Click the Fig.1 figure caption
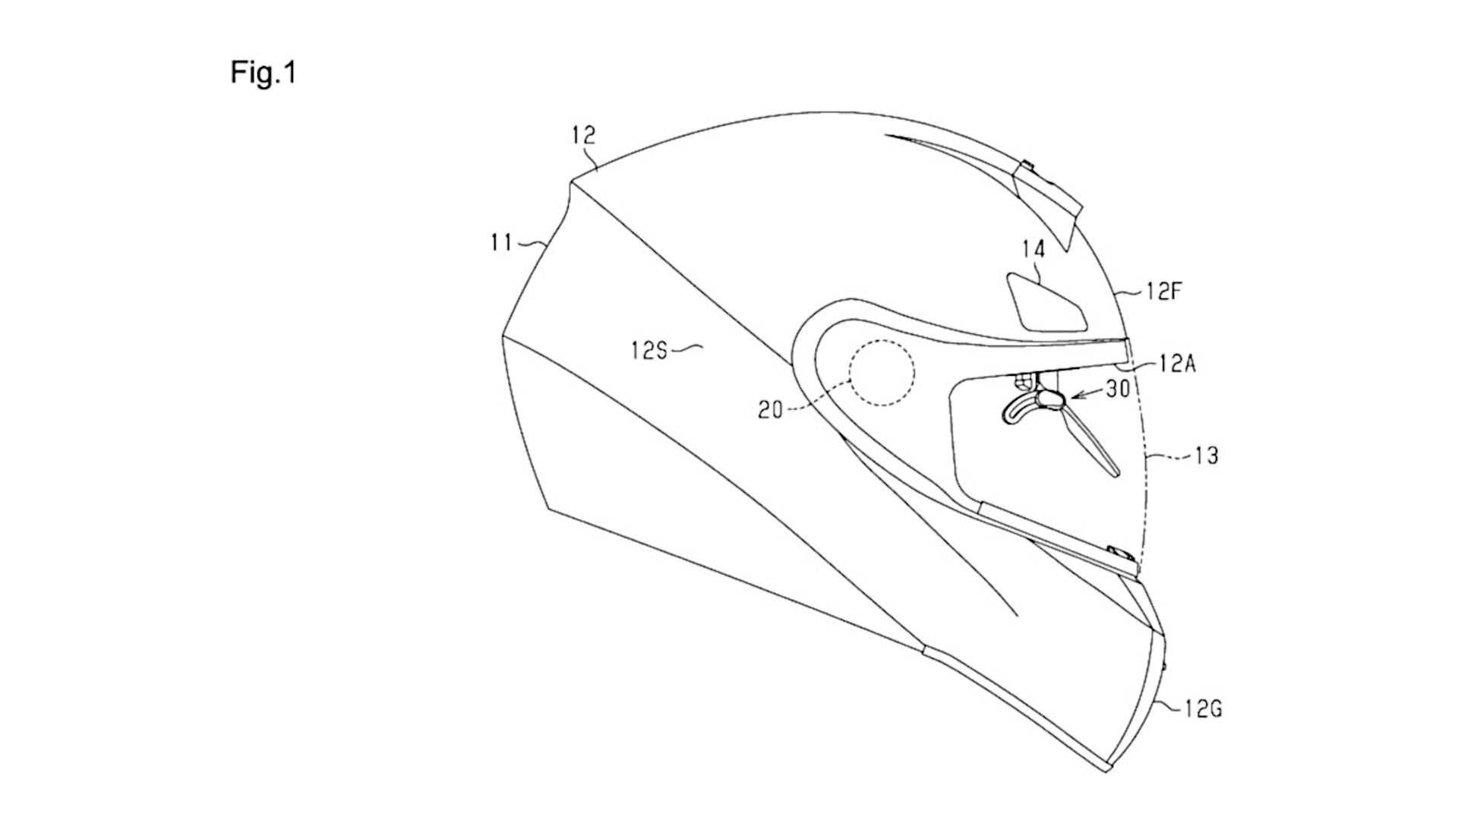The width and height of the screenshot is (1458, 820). point(263,73)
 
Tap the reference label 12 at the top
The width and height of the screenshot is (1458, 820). point(584,135)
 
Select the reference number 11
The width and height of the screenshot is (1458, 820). point(500,243)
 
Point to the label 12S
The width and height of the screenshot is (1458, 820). point(648,350)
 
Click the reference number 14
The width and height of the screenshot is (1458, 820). point(1034,249)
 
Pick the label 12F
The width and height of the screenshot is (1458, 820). point(1166,291)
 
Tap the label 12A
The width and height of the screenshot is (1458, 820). point(1178,364)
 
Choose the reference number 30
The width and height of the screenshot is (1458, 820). point(1118,388)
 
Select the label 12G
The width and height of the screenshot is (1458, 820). point(1203,709)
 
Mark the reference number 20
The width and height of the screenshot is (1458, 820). point(770,410)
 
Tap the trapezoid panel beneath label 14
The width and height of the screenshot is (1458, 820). point(1046,301)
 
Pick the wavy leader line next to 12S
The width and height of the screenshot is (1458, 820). point(687,348)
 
